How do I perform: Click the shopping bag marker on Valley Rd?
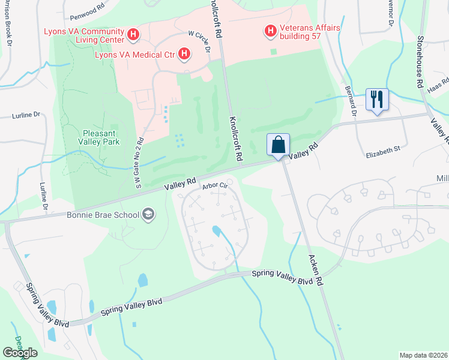pos(279,145)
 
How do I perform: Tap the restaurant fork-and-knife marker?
pos(377,99)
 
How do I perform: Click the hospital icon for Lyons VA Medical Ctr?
pos(184,55)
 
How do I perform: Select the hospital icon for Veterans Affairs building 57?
pos(270,30)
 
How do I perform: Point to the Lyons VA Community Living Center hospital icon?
pos(133,36)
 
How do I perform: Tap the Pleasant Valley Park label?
pos(101,137)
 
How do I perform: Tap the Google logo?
pos(20,352)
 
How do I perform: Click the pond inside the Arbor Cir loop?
pos(217,231)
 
